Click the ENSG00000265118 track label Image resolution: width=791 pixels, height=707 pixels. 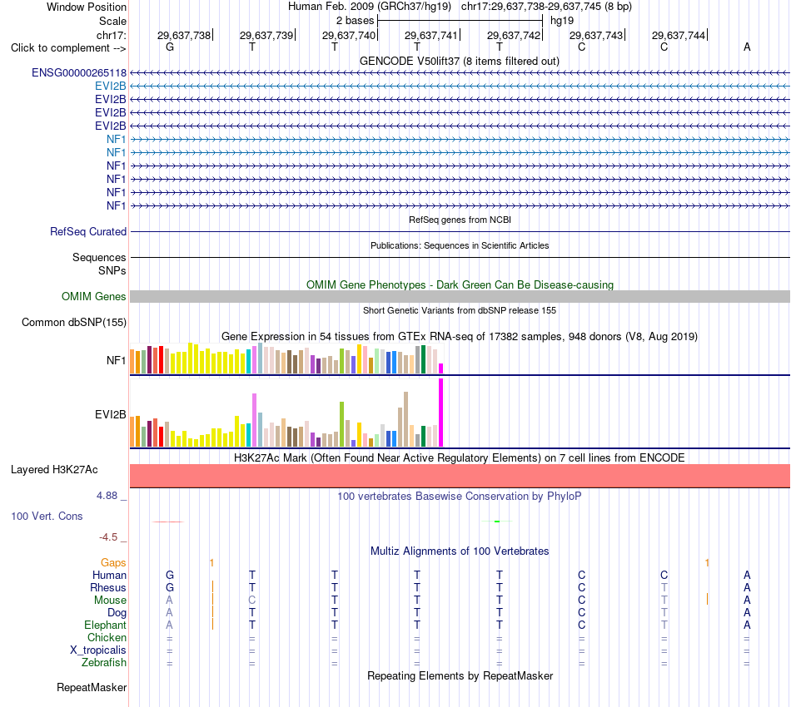(79, 73)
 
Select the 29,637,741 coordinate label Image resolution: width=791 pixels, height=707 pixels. (430, 35)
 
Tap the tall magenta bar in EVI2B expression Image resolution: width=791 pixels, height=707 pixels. (441, 413)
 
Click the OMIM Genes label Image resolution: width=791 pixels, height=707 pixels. (93, 296)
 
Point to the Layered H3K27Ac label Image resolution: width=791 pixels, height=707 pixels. (54, 470)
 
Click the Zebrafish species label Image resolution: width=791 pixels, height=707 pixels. (104, 663)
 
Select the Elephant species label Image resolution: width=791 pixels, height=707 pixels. (105, 625)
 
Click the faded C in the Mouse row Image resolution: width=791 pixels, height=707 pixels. (252, 601)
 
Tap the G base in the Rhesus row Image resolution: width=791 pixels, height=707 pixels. (170, 587)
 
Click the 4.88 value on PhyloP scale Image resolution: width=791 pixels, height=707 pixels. (107, 496)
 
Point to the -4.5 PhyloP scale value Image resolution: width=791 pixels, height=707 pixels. (108, 537)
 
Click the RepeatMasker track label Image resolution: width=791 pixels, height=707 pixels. (92, 687)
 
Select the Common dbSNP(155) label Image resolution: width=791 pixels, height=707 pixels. (73, 323)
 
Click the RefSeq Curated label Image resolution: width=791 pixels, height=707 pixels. (87, 232)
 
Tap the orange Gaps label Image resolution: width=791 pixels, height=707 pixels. (113, 562)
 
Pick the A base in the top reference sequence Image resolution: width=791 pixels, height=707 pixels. (747, 47)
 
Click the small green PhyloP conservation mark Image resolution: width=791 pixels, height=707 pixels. (497, 521)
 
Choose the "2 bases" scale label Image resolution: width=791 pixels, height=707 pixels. (356, 21)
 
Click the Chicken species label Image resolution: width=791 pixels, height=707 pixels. (107, 637)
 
